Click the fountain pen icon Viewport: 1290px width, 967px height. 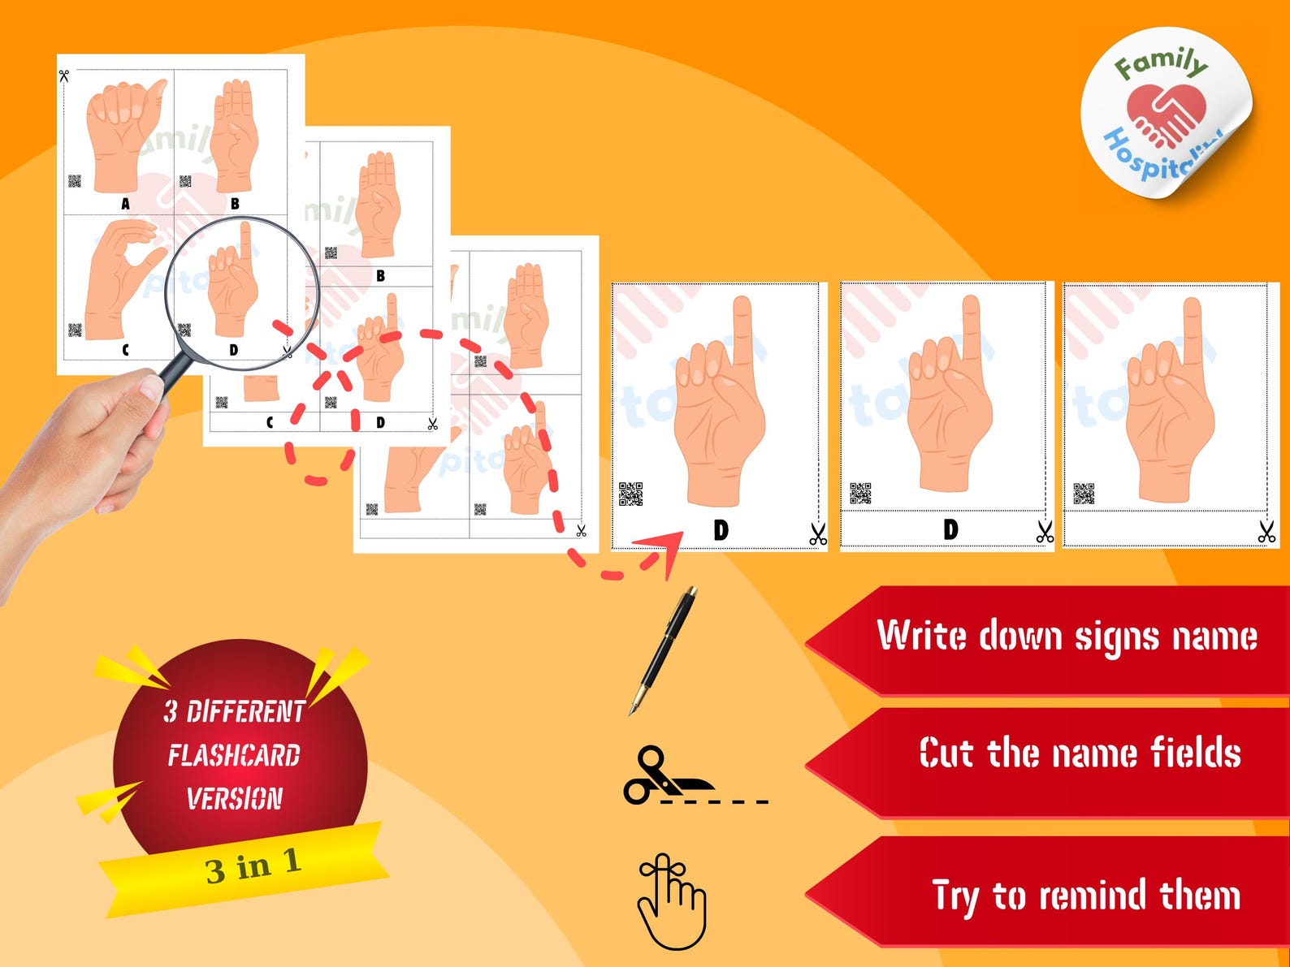tap(664, 650)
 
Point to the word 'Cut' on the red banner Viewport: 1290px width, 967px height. tap(946, 753)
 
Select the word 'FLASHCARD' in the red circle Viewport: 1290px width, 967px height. tap(234, 756)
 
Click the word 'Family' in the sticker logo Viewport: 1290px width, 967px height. tap(1160, 63)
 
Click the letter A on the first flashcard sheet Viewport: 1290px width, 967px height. tap(125, 204)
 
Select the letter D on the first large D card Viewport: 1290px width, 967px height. tap(721, 530)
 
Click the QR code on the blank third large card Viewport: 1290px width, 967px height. tap(1084, 494)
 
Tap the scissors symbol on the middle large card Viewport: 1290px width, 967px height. tap(1045, 533)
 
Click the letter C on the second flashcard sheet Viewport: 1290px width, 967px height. tap(270, 422)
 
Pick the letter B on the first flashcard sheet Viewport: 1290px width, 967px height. tap(235, 204)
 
